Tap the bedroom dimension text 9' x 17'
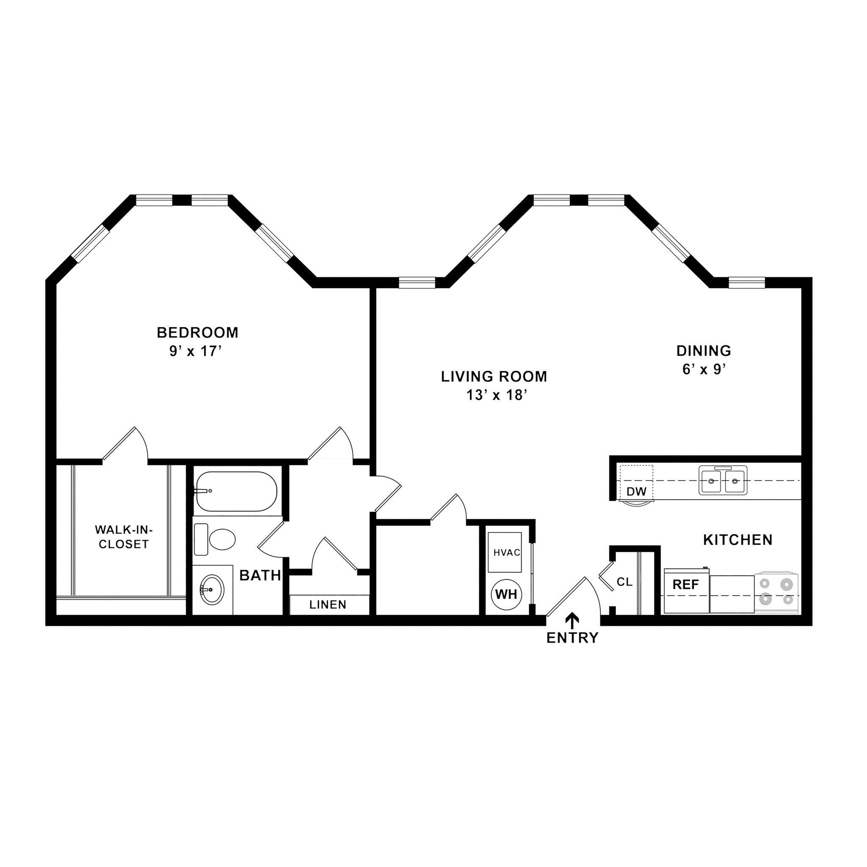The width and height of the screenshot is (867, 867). [196, 351]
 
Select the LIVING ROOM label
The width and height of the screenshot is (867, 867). [494, 376]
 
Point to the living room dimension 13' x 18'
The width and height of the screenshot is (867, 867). [496, 395]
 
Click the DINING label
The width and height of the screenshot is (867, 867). [704, 351]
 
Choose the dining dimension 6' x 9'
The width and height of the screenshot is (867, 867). [704, 369]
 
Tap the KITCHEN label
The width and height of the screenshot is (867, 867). [738, 540]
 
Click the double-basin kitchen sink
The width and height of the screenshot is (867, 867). [723, 480]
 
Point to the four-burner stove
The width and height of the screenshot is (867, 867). [776, 592]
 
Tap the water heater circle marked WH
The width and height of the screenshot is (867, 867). [506, 595]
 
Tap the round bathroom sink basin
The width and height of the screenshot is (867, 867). [212, 590]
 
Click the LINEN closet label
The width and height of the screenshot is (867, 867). [328, 605]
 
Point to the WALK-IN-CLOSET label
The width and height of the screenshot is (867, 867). [124, 537]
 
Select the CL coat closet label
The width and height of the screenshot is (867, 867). [624, 583]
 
